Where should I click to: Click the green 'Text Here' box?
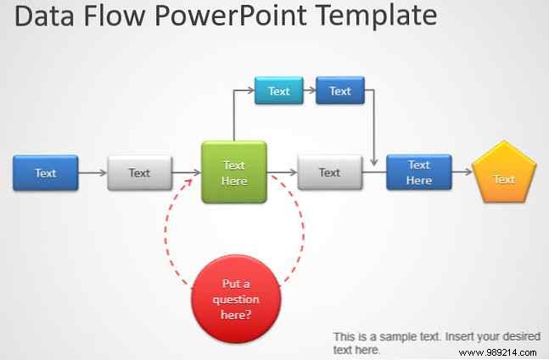coord(233,172)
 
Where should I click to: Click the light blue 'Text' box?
coord(278,91)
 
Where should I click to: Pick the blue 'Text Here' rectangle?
coord(418,172)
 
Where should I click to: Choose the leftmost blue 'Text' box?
coord(46,172)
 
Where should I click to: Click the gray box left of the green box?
coord(139,172)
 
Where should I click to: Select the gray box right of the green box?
coord(329,172)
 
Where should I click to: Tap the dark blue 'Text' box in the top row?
coord(339,91)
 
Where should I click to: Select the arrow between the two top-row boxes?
coord(309,91)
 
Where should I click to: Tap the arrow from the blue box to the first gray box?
coord(92,173)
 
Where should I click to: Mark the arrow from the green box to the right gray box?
coord(282,173)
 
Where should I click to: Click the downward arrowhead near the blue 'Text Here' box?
coord(374,160)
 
